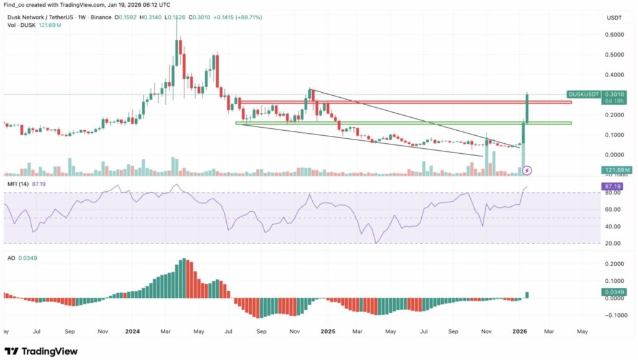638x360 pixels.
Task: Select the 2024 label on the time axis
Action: [x=133, y=331]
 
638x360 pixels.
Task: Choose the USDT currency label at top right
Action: [x=614, y=18]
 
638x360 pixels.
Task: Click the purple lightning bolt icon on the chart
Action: [x=528, y=169]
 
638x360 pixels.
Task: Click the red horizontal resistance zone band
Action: [x=405, y=102]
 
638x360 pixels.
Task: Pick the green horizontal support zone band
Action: [x=405, y=123]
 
